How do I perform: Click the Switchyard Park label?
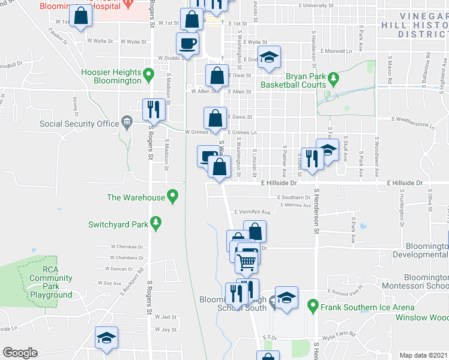coord(118,224)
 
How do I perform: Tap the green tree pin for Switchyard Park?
coord(156,223)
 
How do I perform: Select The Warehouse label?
coord(136,197)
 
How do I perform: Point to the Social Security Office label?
coord(79,124)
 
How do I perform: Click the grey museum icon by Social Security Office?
coord(127,122)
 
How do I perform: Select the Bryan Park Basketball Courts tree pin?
coord(333,78)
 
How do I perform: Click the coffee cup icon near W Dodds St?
coord(187,44)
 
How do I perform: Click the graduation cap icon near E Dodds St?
coord(270,58)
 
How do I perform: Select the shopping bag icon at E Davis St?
coord(215,118)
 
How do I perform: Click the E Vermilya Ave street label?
coord(253,212)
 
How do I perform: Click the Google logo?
coord(20,353)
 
